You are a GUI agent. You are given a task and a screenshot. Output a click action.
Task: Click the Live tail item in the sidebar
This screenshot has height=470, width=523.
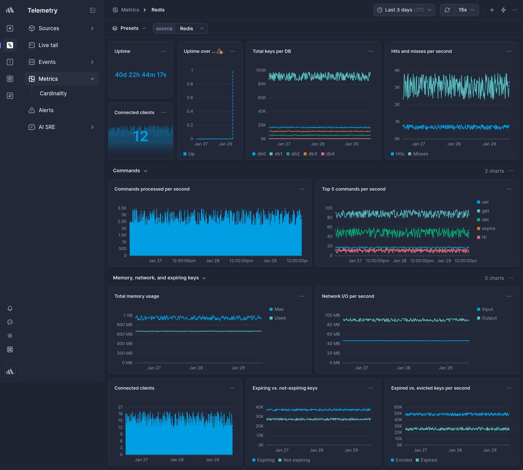tap(48, 45)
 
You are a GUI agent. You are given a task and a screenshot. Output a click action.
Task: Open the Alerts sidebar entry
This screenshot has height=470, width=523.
tap(46, 110)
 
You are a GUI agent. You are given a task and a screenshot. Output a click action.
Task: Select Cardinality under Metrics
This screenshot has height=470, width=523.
tap(53, 93)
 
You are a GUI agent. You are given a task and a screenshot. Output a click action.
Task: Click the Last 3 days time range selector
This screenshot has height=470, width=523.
tap(404, 10)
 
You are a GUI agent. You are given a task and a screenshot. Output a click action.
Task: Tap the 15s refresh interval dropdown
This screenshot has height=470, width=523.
tap(466, 10)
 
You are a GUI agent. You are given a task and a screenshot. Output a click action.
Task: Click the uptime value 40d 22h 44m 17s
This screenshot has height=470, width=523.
tap(141, 75)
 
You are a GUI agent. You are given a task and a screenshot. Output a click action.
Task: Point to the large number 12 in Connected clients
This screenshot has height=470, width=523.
tap(141, 136)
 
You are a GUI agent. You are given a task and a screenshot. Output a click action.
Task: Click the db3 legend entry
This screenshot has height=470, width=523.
tap(312, 154)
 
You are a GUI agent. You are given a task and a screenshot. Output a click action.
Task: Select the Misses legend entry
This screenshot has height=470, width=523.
tap(420, 154)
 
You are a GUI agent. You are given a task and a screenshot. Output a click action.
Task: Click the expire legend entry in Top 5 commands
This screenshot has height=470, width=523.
tap(488, 229)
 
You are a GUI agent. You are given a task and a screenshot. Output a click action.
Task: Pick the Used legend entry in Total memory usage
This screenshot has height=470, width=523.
tap(280, 318)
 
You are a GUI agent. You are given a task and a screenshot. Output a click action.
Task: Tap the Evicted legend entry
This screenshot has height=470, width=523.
tap(403, 460)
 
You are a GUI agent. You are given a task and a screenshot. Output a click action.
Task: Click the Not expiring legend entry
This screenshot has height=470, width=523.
tap(296, 460)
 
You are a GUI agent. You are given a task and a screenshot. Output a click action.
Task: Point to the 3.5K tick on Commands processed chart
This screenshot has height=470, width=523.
tap(122, 208)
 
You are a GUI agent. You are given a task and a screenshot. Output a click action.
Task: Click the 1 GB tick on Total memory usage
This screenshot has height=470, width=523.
tap(127, 315)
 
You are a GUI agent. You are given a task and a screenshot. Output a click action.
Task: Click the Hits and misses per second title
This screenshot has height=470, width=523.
tap(421, 51)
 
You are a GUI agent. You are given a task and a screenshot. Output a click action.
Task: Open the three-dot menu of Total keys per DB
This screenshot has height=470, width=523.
tap(370, 51)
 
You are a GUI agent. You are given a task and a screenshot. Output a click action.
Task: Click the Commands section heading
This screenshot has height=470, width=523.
tap(126, 170)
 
